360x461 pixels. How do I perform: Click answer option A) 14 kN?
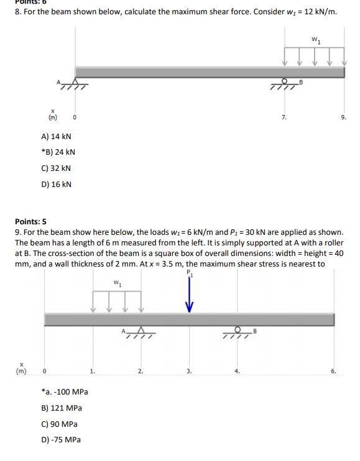click(56, 136)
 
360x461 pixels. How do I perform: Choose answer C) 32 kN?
click(56, 168)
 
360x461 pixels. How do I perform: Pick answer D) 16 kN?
click(56, 185)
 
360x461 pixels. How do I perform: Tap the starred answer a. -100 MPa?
click(64, 392)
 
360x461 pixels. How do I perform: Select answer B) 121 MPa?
click(61, 408)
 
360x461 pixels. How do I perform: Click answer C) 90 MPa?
click(59, 424)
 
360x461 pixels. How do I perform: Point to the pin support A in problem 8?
click(75, 83)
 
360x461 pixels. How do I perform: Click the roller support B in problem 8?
click(286, 83)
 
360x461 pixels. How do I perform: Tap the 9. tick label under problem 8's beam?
click(344, 116)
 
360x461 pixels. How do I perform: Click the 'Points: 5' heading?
click(30, 221)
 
